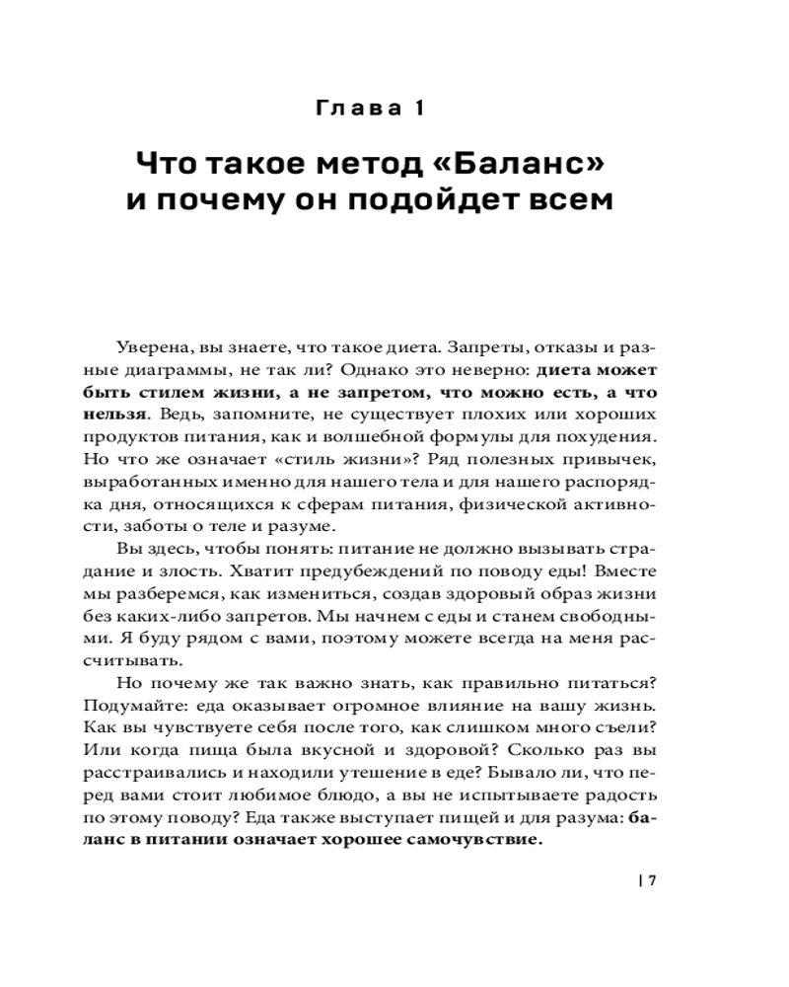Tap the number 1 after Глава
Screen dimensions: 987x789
(417, 108)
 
